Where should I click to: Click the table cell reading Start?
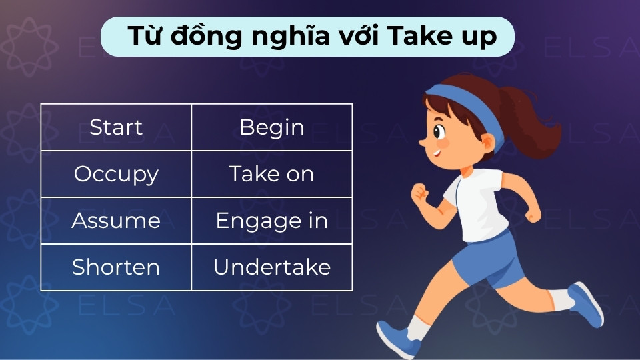116,127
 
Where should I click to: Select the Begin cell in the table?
271,127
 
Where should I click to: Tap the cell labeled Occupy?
116,174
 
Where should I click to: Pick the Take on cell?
271,174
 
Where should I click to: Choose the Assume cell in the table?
116,221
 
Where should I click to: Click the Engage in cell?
271,221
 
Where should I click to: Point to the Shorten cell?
116,267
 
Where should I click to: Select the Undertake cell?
271,267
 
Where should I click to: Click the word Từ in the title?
145,36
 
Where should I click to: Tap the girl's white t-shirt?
477,203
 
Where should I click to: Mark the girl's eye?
441,130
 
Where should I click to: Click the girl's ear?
487,142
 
